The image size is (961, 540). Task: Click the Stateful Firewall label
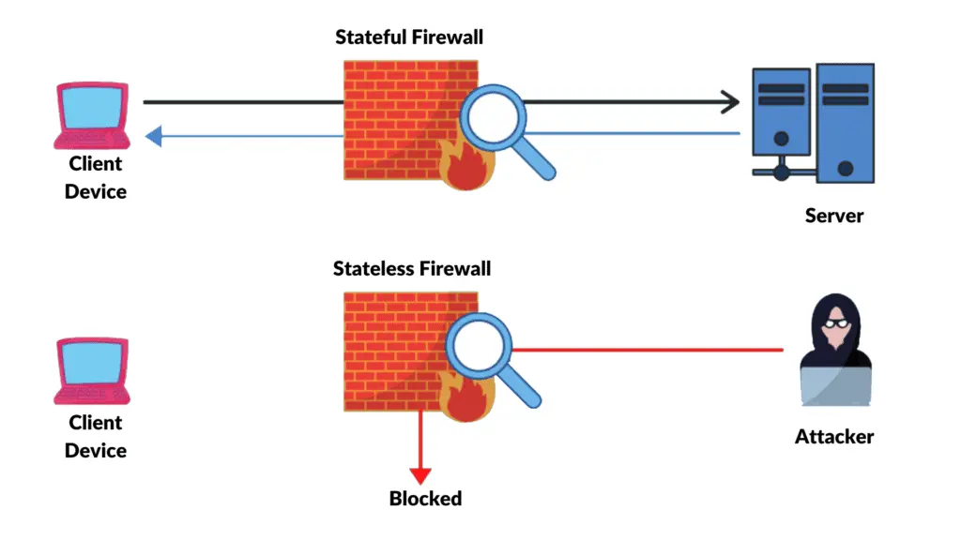[409, 38]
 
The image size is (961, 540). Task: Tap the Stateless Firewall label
[412, 270]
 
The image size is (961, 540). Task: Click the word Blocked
[425, 498]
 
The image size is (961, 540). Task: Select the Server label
[833, 216]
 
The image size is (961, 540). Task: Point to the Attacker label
[833, 437]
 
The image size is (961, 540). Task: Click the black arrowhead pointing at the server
[729, 101]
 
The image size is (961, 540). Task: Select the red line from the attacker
[648, 350]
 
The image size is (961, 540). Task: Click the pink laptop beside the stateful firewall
[91, 115]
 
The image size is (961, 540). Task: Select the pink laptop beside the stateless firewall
[93, 373]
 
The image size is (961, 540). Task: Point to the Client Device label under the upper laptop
[95, 177]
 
